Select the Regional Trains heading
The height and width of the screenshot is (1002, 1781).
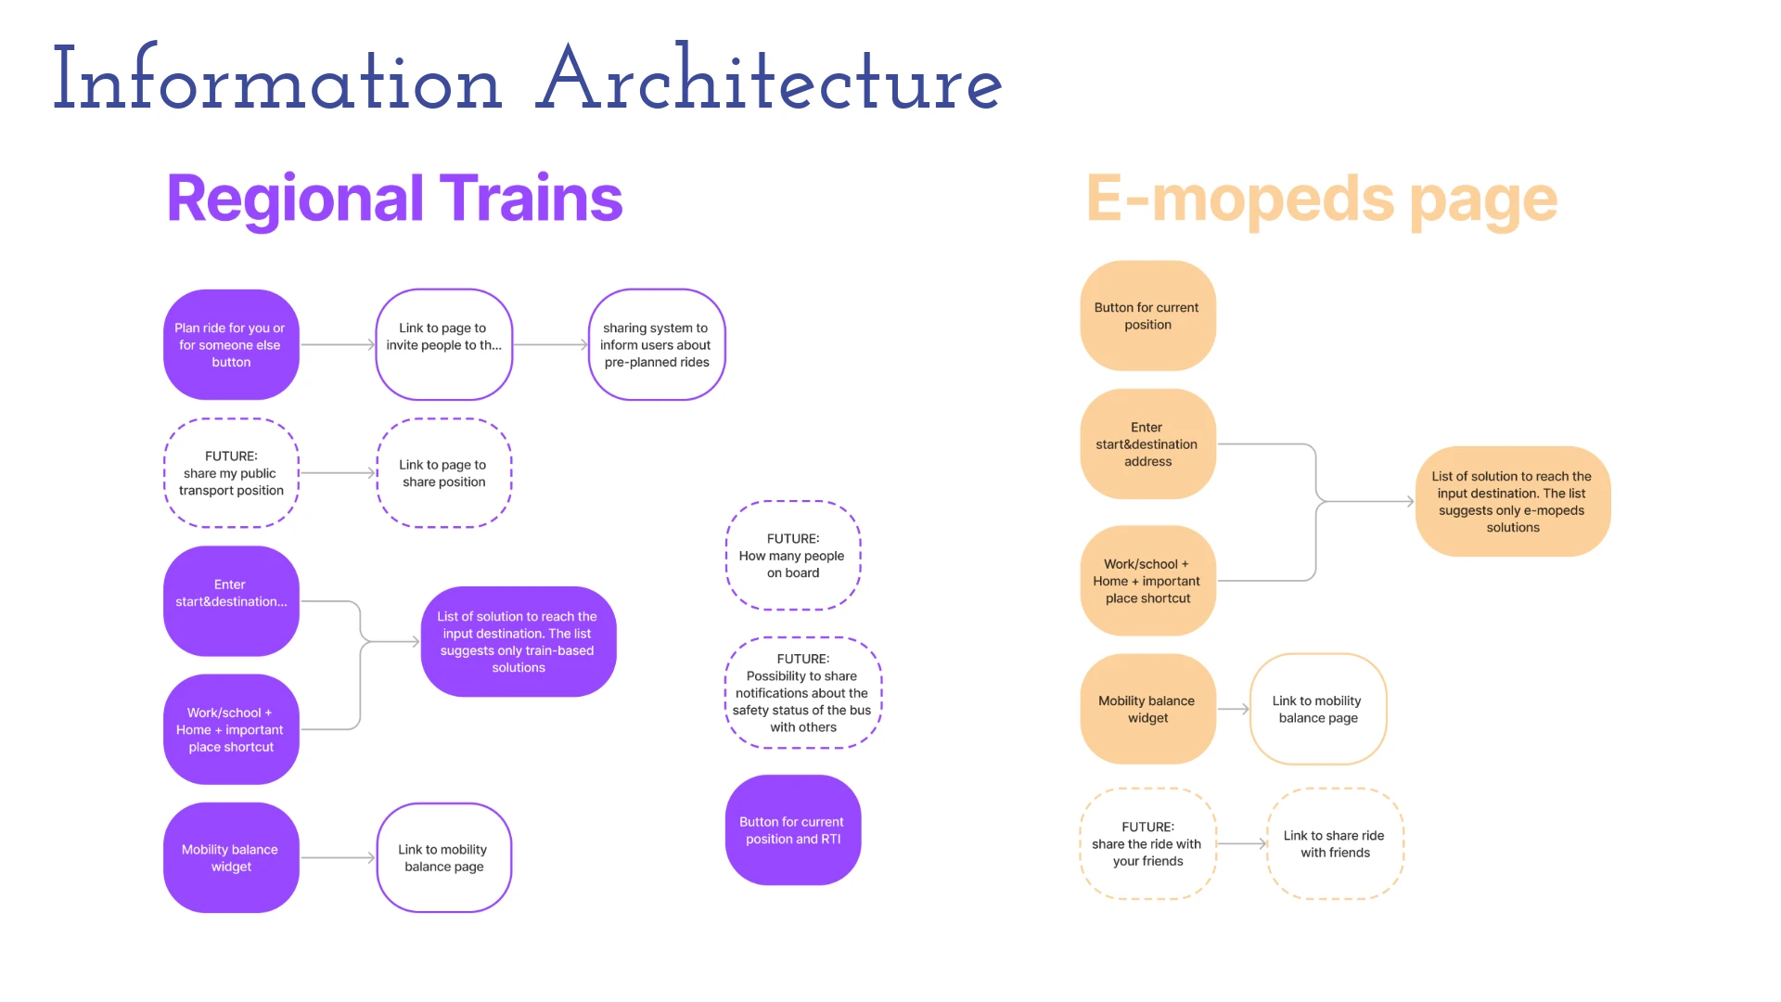coord(394,199)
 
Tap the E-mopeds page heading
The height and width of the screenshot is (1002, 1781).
coord(1321,199)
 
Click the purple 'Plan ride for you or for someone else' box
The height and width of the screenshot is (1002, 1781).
coord(231,344)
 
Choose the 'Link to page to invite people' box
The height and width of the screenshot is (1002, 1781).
coord(443,344)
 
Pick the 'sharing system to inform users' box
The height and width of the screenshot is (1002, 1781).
coord(656,344)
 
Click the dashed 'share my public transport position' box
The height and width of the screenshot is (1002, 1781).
coord(231,473)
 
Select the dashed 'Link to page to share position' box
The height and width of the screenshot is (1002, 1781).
coord(443,473)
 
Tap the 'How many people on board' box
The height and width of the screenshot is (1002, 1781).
coord(792,555)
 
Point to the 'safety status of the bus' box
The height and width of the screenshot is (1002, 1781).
coord(802,692)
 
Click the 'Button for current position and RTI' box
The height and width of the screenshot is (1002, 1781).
coord(792,829)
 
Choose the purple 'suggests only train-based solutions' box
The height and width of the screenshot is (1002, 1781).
coord(518,641)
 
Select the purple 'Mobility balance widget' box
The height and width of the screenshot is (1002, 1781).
coord(231,857)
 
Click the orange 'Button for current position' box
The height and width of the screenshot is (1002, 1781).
coord(1147,315)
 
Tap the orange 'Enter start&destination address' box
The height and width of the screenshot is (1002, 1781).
coord(1147,443)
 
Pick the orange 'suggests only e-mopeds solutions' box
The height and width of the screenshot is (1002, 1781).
coord(1512,501)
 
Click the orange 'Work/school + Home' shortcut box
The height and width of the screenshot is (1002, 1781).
coord(1147,581)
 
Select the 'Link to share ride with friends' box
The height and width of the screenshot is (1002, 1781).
coord(1335,843)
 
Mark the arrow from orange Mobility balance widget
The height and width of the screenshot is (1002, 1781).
coord(1233,709)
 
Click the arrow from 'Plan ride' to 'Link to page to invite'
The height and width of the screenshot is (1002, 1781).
coord(337,344)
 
